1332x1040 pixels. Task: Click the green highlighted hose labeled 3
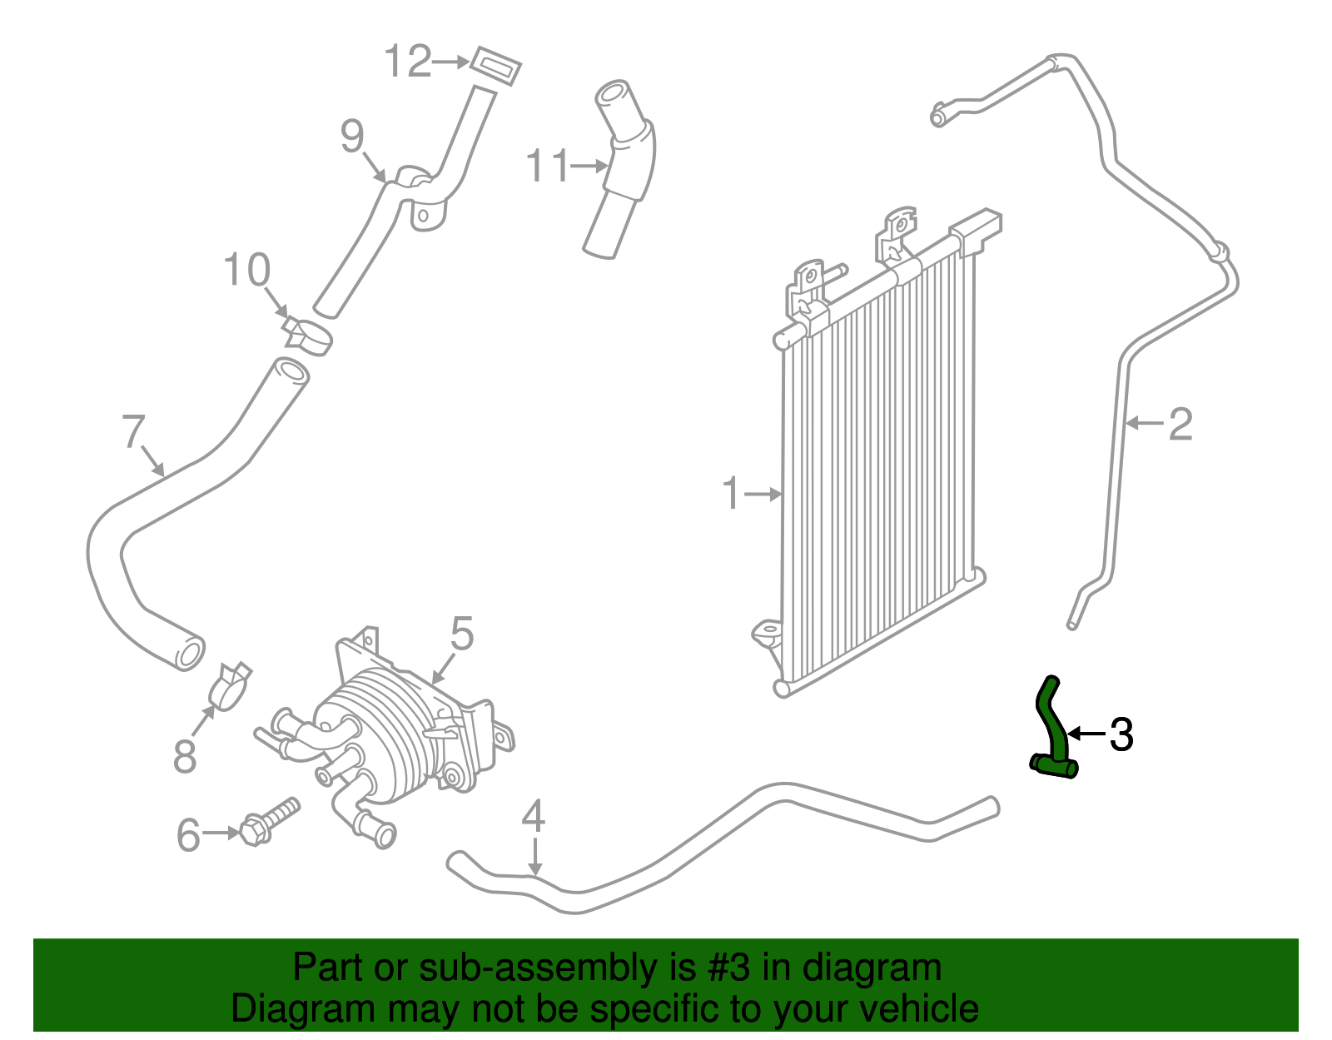click(1054, 733)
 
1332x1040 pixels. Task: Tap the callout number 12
click(408, 62)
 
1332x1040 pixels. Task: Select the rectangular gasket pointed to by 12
click(496, 66)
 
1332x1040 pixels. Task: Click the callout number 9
click(353, 136)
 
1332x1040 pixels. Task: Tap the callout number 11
click(547, 167)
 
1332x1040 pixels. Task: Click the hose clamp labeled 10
click(308, 336)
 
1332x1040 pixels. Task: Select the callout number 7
click(134, 431)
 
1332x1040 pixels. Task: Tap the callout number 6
click(188, 834)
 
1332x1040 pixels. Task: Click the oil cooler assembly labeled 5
click(391, 733)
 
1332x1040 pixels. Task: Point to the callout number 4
click(533, 817)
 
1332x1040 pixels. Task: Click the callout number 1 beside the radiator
click(731, 494)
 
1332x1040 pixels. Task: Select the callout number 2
click(1180, 424)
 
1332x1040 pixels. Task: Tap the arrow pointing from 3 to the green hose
click(1086, 734)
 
